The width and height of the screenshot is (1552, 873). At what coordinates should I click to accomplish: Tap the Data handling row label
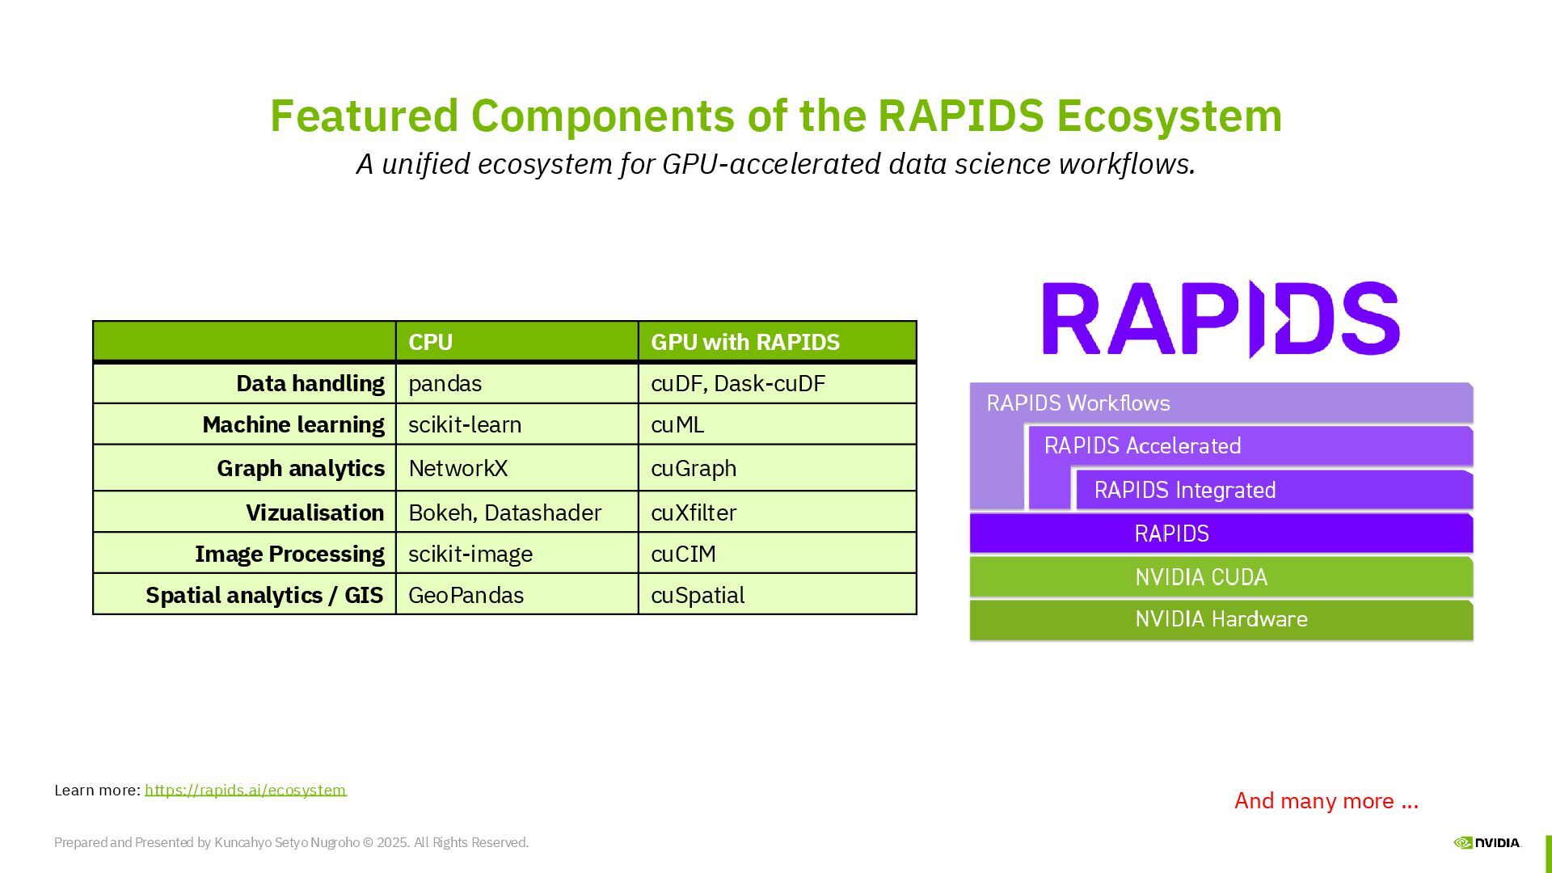310,383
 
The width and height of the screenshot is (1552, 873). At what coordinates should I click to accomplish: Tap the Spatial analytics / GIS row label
264,595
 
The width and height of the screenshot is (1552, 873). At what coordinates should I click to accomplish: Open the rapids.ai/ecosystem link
246,790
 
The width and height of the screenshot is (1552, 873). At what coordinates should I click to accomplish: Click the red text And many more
1326,800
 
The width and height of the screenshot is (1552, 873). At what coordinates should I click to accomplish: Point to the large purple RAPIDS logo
1221,318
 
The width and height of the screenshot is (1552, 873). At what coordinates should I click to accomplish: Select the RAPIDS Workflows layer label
1078,403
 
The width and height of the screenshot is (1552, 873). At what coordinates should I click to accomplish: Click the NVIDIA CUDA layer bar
1221,577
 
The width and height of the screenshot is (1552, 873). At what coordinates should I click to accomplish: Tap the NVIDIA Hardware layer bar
1221,620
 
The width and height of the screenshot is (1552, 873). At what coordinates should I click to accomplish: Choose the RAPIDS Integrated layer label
1185,490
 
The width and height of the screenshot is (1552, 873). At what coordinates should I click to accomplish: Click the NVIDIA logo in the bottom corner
1487,842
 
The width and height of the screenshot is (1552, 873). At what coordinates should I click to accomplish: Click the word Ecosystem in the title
1169,116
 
